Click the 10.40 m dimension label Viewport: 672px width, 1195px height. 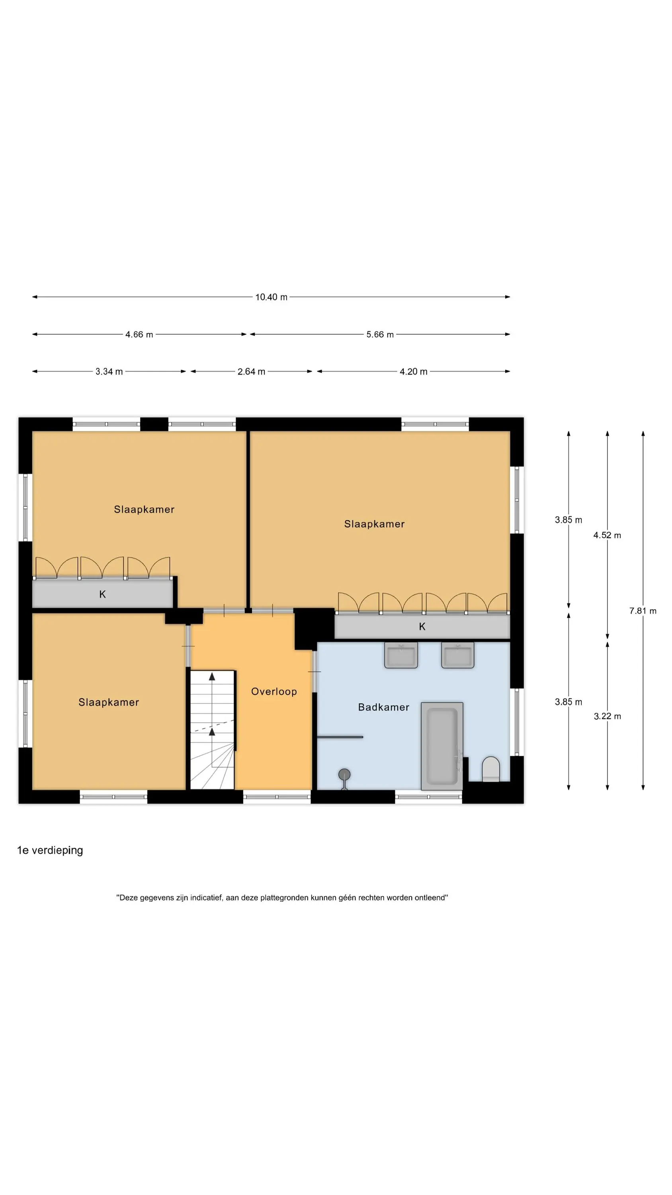[271, 297]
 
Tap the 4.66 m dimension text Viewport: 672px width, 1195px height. [139, 335]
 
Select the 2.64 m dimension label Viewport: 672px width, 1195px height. [251, 372]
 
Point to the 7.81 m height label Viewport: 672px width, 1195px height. [643, 611]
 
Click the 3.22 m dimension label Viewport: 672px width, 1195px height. [607, 716]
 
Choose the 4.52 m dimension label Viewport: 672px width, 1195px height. [607, 535]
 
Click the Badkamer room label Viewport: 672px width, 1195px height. [383, 707]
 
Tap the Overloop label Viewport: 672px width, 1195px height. [274, 692]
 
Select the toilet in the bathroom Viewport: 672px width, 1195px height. [491, 769]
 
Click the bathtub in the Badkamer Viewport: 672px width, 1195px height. [442, 746]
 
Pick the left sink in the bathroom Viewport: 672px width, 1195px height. [401, 655]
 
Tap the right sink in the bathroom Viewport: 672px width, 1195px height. [458, 655]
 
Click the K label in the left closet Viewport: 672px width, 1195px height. [102, 594]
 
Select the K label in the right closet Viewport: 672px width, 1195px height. [422, 627]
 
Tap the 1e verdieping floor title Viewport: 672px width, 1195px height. [50, 850]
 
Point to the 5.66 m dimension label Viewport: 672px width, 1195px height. [380, 335]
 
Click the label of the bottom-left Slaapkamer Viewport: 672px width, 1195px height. [109, 702]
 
